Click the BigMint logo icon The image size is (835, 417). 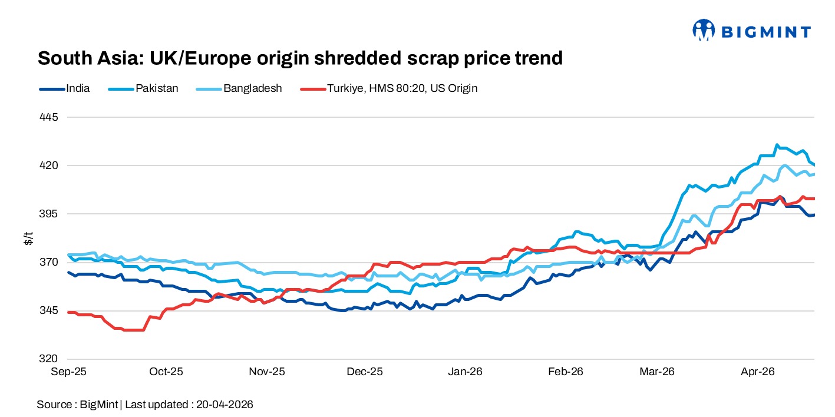coord(703,30)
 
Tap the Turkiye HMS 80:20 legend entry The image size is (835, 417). coord(389,88)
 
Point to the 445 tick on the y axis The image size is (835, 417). coord(50,117)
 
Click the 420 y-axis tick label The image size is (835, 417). coord(50,166)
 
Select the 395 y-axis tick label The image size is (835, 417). coord(50,214)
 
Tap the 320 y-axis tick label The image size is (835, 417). coord(50,359)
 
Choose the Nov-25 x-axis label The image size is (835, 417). coord(267,372)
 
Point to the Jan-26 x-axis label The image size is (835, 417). coord(466,372)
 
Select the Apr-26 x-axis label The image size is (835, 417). coord(757,372)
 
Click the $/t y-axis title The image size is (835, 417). coord(28,239)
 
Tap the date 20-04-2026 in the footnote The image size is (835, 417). coord(226,405)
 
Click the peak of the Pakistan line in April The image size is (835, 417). coord(777,144)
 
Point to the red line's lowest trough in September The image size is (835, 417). coord(133,330)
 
